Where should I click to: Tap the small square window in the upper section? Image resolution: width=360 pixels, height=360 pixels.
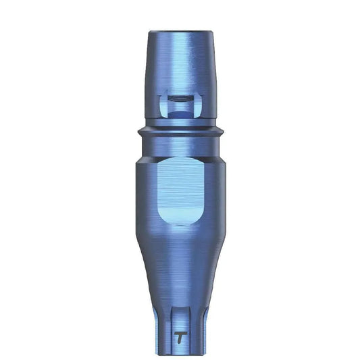(180, 105)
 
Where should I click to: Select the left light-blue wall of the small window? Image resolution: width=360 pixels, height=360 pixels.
(163, 107)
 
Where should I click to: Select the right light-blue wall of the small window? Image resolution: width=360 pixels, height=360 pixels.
(197, 107)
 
